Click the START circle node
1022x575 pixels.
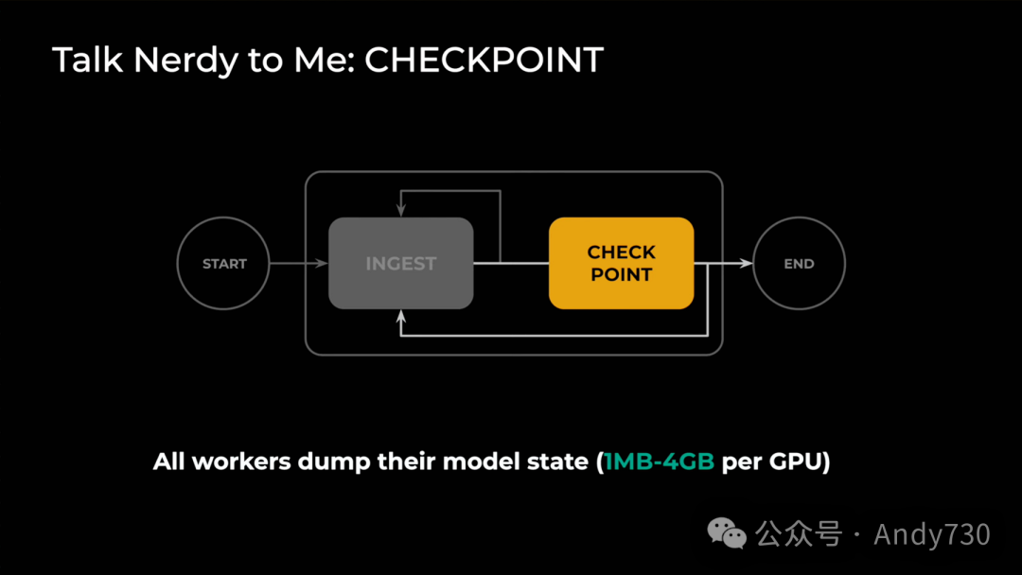click(224, 264)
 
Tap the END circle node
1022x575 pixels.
click(799, 264)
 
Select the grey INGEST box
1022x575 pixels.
click(400, 263)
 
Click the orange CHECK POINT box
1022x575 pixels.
click(621, 263)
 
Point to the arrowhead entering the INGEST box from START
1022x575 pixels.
click(323, 264)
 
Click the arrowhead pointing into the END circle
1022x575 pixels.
click(747, 264)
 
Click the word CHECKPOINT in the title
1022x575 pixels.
click(484, 61)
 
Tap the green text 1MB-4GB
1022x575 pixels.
click(660, 463)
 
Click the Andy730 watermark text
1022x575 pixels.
click(932, 534)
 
